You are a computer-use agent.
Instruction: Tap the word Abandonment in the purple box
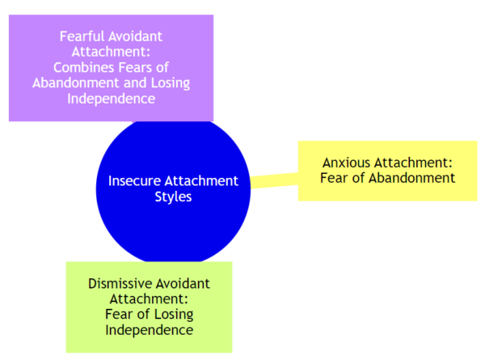pos(76,83)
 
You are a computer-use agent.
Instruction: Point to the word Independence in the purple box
pos(111,99)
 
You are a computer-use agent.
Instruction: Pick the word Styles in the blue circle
pos(173,197)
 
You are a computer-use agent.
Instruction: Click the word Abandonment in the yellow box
pos(412,178)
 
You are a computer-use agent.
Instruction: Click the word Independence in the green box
pos(150,330)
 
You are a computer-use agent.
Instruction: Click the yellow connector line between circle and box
pos(274,180)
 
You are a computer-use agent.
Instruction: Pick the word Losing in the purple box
pos(171,83)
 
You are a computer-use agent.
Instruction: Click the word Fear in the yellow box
pos(333,178)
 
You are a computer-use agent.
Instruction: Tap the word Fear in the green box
pos(119,315)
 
